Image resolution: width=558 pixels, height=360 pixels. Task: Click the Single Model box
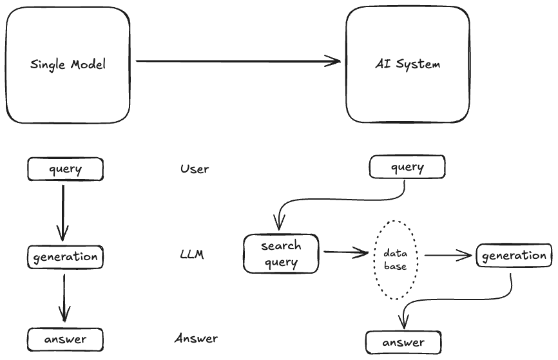[x=67, y=64]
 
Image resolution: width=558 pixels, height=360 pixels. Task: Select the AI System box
[x=407, y=64]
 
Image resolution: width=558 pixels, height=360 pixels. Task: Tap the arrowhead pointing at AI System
[x=334, y=62]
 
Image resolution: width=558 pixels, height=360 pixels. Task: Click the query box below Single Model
[x=65, y=169]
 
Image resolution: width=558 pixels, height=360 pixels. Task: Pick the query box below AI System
[x=407, y=168]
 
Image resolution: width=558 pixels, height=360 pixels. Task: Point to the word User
[x=195, y=169]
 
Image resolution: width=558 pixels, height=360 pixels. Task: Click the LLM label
[x=192, y=254]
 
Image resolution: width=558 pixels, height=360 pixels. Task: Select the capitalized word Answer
[x=196, y=338]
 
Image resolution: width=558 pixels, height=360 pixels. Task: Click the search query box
[x=281, y=254]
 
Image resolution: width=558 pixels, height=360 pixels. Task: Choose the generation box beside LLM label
[x=65, y=256]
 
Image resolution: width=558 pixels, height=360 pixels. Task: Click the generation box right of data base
[x=514, y=256]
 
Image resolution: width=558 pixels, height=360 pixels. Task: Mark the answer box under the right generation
[x=404, y=342]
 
